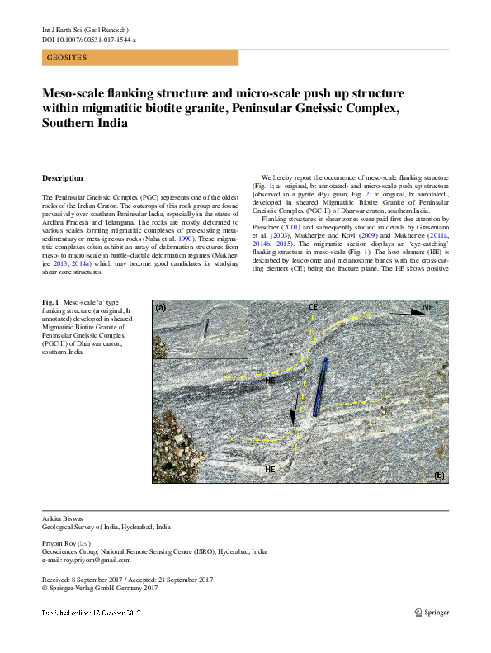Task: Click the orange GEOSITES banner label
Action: pyautogui.click(x=67, y=58)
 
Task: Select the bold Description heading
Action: pyautogui.click(x=62, y=178)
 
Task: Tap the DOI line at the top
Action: pyautogui.click(x=89, y=40)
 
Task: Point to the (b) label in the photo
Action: pyautogui.click(x=439, y=476)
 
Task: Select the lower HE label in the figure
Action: pyautogui.click(x=270, y=468)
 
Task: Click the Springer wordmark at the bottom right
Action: pyautogui.click(x=436, y=613)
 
